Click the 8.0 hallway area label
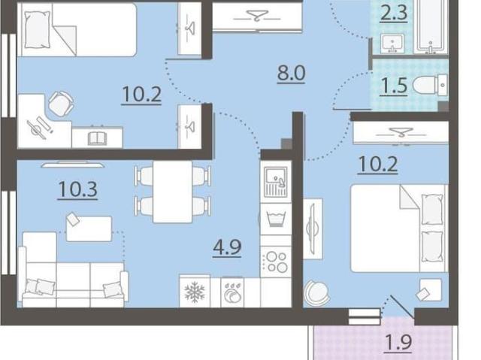[291, 74]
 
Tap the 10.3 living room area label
[77, 190]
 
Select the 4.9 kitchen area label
[227, 247]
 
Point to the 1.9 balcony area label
[398, 343]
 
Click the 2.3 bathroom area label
[394, 13]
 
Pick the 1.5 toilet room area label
[394, 86]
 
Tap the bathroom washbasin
[392, 44]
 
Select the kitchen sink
[276, 182]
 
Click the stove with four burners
[277, 262]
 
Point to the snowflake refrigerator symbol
[195, 292]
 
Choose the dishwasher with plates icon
[232, 292]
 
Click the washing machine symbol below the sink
[276, 219]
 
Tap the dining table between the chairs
[173, 192]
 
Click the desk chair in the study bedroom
[62, 104]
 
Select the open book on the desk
[98, 138]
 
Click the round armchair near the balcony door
[317, 292]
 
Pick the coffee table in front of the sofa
[89, 228]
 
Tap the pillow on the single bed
[38, 30]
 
